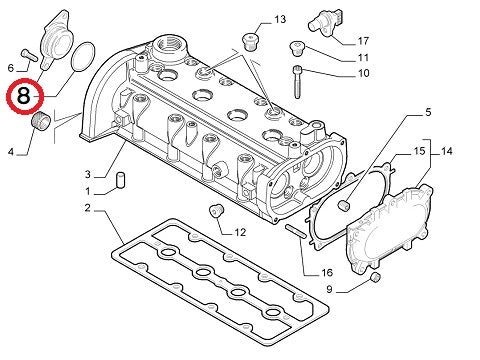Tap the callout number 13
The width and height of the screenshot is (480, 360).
(x=279, y=20)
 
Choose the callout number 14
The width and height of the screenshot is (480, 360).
(x=447, y=151)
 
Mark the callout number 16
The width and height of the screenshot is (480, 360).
(x=326, y=272)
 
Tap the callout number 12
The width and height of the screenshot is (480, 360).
(x=239, y=232)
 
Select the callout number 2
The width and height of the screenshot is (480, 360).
(x=88, y=208)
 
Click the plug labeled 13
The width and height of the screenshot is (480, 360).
(x=250, y=40)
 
